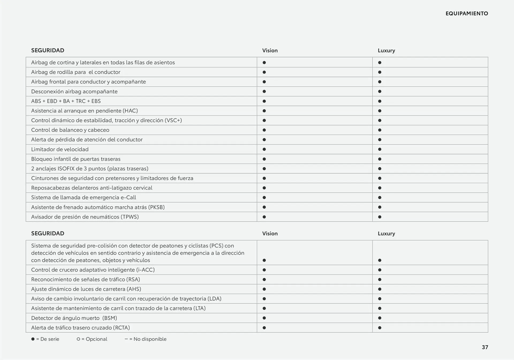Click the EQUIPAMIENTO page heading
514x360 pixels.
click(x=467, y=13)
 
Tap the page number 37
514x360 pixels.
click(x=485, y=347)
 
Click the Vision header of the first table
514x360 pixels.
click(x=270, y=50)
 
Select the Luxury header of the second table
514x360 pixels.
click(x=386, y=233)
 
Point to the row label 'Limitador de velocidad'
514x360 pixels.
click(x=60, y=149)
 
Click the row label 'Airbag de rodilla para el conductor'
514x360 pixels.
click(x=76, y=72)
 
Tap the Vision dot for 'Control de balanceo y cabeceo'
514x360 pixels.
click(x=264, y=130)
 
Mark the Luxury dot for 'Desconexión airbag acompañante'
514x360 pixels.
click(x=380, y=91)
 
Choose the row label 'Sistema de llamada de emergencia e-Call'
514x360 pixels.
click(x=84, y=197)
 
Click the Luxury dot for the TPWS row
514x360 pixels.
click(x=380, y=217)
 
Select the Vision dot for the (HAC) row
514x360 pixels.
click(x=264, y=111)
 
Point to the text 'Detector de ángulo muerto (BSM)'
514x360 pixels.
click(x=74, y=318)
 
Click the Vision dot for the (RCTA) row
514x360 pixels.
click(x=264, y=328)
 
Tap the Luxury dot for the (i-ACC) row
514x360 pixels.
click(x=380, y=270)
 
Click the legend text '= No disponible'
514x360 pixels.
click(x=148, y=339)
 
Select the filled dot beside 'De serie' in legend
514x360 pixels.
click(x=33, y=339)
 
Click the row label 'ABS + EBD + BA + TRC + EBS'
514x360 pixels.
click(x=66, y=101)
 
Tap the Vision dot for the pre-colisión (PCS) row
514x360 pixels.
click(x=264, y=260)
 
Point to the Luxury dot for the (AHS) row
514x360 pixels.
click(x=380, y=289)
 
